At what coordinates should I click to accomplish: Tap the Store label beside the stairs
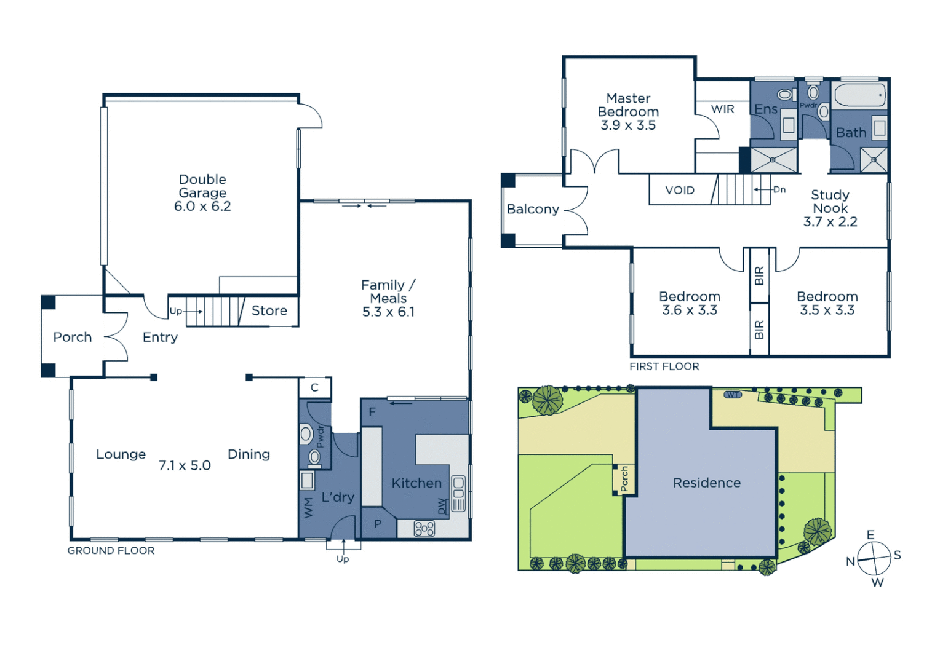[269, 311]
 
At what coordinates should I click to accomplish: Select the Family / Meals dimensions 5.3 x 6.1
[388, 312]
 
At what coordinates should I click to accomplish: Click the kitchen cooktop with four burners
[424, 529]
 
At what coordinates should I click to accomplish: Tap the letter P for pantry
[378, 524]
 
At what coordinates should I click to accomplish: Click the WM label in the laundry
[308, 507]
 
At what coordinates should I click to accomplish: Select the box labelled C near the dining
[314, 387]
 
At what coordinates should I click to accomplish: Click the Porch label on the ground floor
[72, 337]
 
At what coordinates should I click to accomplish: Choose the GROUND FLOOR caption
[111, 551]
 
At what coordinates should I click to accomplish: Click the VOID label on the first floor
[679, 191]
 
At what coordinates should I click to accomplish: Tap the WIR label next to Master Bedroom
[722, 109]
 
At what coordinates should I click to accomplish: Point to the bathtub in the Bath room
[859, 95]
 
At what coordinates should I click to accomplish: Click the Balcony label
[532, 209]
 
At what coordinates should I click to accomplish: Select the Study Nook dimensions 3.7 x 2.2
[830, 222]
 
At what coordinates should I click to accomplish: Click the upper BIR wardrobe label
[759, 275]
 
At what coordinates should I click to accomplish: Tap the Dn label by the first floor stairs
[779, 189]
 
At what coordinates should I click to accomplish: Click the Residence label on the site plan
[706, 483]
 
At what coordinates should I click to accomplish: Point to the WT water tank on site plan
[733, 395]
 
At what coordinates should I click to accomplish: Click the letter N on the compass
[850, 561]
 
